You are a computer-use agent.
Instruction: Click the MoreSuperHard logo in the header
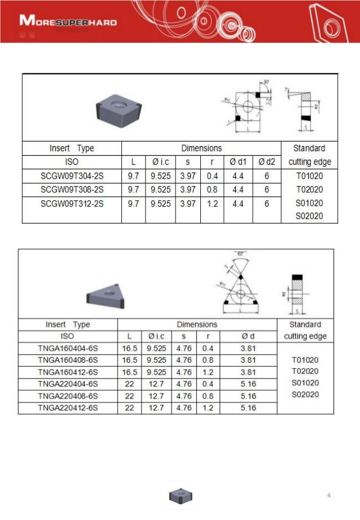[68, 23]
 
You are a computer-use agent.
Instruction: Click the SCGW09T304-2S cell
[72, 175]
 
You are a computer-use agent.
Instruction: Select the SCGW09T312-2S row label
[72, 203]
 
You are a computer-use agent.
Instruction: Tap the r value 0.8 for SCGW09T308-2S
[212, 189]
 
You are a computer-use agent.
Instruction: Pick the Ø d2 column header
[266, 162]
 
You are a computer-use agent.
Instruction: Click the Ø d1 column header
[238, 162]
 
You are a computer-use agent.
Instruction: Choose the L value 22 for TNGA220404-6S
[129, 384]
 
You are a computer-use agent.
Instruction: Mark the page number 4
[329, 495]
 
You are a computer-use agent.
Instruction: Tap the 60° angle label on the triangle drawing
[241, 254]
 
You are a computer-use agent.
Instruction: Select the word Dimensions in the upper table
[201, 148]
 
